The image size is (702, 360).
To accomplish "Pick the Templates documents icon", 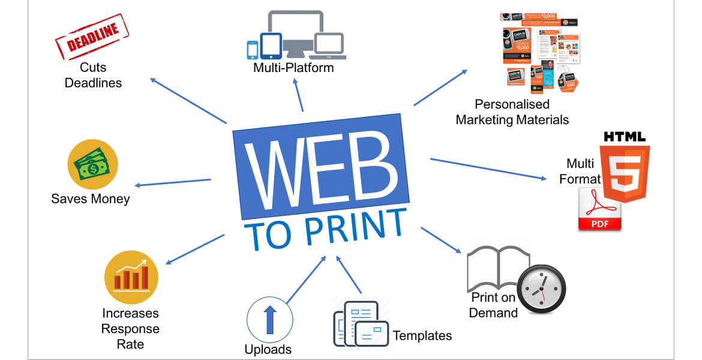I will click(x=361, y=324).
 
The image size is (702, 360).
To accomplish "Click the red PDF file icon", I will click(x=599, y=209).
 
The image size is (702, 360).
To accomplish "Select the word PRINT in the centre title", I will click(x=355, y=227).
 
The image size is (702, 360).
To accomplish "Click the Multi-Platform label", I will click(x=293, y=68).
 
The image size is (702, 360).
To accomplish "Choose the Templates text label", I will click(x=422, y=335).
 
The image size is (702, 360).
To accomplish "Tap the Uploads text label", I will click(x=268, y=349).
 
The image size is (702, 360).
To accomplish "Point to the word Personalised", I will click(x=512, y=104).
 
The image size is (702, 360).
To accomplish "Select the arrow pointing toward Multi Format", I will click(x=489, y=169).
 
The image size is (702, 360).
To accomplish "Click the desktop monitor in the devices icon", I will click(x=298, y=31).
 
